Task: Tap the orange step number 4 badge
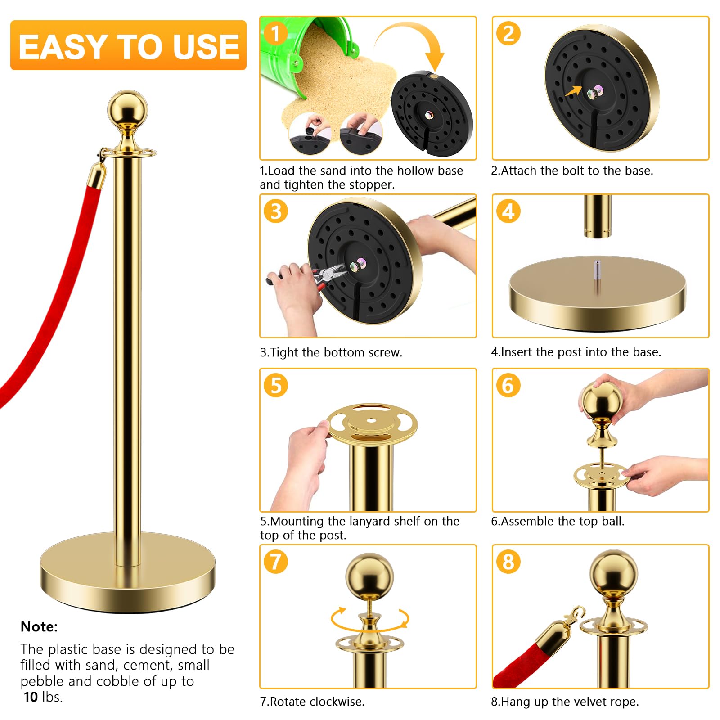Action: (508, 211)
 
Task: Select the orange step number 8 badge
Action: (508, 562)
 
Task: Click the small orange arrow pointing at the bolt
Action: (573, 91)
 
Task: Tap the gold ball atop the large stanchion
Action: (127, 109)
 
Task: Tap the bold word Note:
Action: (39, 626)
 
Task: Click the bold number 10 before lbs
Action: (31, 697)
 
